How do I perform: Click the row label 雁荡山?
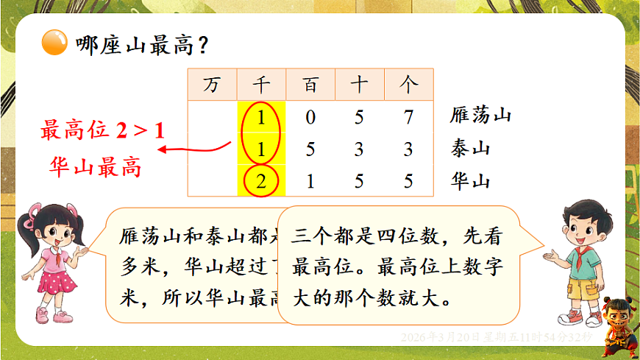click(480, 116)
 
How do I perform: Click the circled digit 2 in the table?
click(261, 181)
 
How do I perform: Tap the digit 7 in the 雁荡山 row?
click(408, 116)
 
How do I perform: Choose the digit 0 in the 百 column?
click(310, 116)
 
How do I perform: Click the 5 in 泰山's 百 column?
click(310, 149)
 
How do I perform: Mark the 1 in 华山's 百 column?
click(310, 181)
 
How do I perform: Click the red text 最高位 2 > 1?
click(103, 131)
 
